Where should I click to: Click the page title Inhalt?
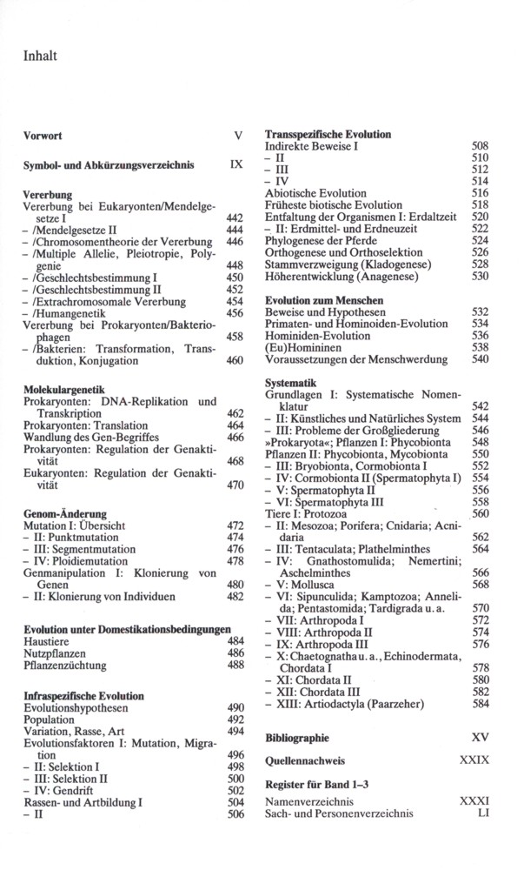[41, 57]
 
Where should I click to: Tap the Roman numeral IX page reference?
[235, 163]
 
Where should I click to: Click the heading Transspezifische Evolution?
[328, 135]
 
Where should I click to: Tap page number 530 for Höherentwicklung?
[480, 276]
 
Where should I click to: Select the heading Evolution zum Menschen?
[324, 298]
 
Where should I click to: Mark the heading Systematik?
[291, 382]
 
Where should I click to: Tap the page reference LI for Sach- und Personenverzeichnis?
[483, 813]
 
